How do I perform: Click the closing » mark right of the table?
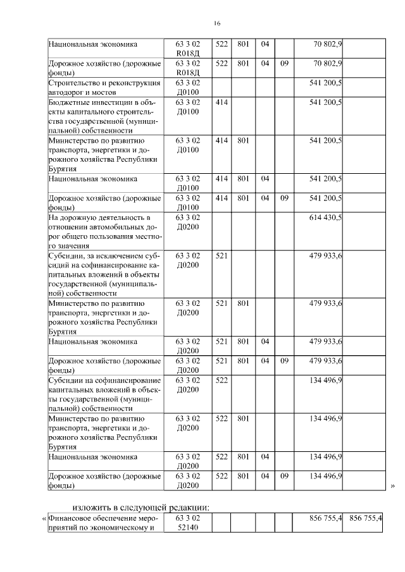[x=392, y=486]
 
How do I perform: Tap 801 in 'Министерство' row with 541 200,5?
[x=243, y=140]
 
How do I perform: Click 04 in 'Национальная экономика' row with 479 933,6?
[x=265, y=342]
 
